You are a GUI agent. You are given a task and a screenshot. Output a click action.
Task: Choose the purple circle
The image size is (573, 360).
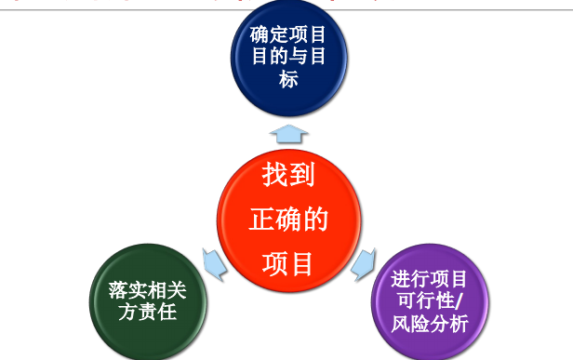pos(430,300)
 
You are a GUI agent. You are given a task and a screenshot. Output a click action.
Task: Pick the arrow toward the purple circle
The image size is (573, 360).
pos(364,262)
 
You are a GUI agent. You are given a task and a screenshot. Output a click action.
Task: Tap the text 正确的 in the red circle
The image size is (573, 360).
pos(288,220)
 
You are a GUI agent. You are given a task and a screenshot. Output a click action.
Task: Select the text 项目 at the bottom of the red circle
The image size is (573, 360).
pos(288,263)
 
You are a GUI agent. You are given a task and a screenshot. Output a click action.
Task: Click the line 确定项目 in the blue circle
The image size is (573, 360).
pos(288,36)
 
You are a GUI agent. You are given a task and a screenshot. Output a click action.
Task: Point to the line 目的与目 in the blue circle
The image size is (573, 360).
pos(288,58)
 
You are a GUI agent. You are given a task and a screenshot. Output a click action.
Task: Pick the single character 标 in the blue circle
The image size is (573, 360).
pos(288,80)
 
